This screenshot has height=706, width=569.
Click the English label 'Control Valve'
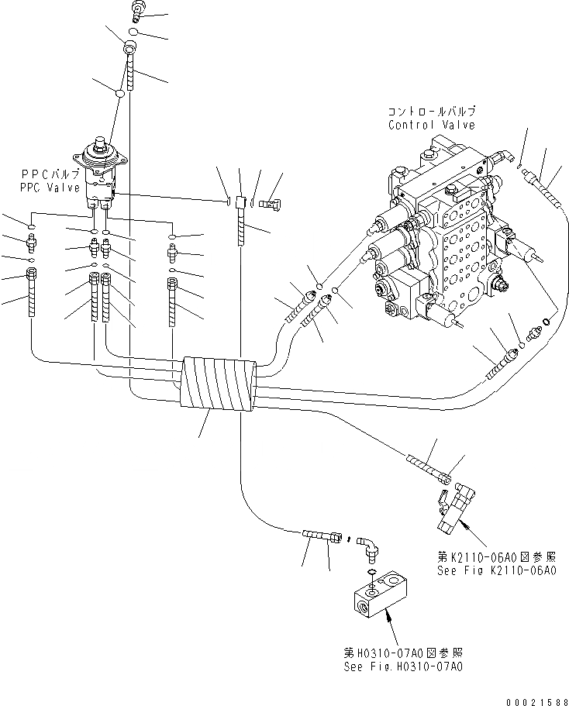[x=432, y=125]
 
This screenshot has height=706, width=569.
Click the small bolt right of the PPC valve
[x=271, y=204]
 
